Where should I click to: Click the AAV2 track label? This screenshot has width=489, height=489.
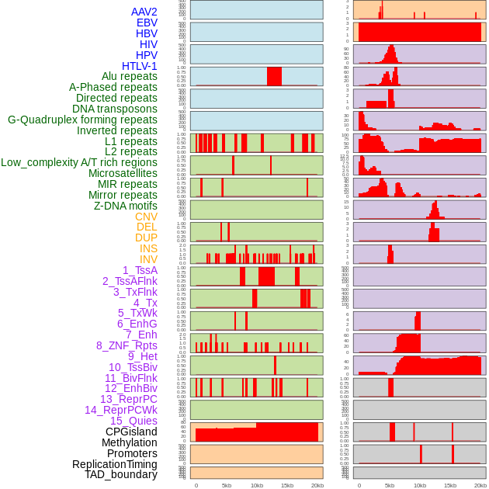tap(144, 12)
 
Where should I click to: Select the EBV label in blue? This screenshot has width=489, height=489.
tap(147, 23)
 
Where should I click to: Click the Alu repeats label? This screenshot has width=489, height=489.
tap(129, 76)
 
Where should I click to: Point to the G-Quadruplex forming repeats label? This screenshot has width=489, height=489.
tap(82, 120)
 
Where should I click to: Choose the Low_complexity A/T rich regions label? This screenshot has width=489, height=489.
tap(78, 162)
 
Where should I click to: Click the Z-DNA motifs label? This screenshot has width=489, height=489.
tap(125, 206)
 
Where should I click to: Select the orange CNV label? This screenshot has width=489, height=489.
tap(146, 217)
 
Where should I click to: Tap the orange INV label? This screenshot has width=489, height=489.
tap(148, 259)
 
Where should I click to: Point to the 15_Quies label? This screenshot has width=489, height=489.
tap(134, 420)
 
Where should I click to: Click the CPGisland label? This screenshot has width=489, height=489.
tap(131, 432)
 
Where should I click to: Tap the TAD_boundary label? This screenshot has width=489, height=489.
tap(121, 474)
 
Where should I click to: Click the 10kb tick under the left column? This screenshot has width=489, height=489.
tap(257, 485)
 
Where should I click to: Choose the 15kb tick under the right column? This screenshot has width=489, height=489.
tap(450, 485)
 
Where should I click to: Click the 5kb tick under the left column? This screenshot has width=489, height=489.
tap(227, 485)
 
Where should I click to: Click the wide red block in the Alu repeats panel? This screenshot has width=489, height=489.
tap(274, 76)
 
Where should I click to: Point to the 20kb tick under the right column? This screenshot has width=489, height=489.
tap(480, 485)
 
